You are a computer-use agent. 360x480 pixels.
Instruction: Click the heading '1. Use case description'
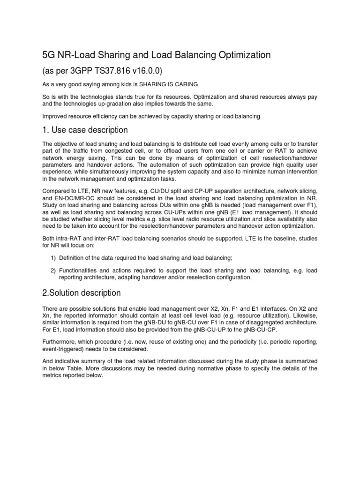[x=85, y=129]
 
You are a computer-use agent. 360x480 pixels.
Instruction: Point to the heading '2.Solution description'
[x=82, y=293]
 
